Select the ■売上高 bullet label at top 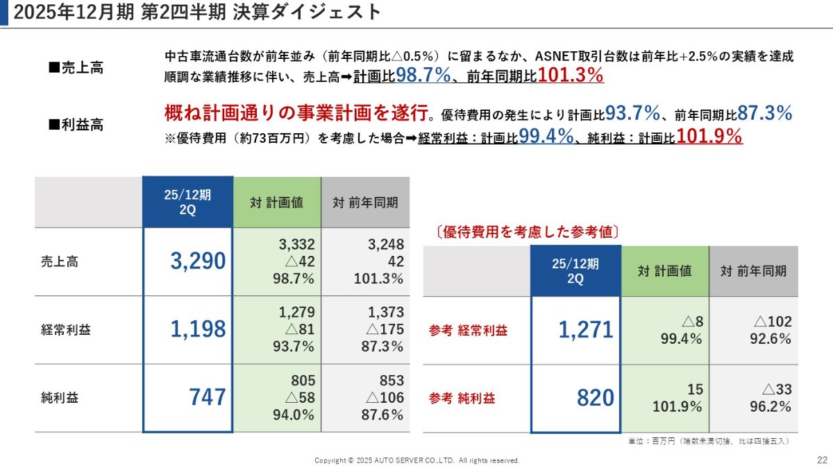[76, 68]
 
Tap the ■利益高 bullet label [76, 125]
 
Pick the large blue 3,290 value [198, 261]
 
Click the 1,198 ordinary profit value [198, 329]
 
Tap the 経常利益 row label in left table [66, 330]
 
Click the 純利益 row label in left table [61, 398]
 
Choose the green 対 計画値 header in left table [277, 202]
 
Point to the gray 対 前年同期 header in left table [365, 202]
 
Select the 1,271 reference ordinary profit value [586, 330]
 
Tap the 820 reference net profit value [595, 398]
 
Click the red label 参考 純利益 [462, 399]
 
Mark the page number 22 [822, 460]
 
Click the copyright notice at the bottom [416, 460]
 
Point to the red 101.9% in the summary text [709, 137]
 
